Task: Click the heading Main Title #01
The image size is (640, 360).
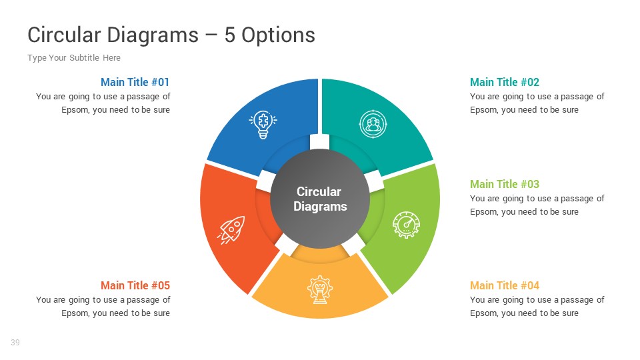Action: click(135, 82)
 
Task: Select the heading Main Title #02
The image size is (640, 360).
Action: click(505, 82)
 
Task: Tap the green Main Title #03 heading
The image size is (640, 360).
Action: click(505, 184)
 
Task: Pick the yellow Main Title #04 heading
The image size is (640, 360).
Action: click(505, 285)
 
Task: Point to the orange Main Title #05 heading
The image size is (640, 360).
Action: click(135, 285)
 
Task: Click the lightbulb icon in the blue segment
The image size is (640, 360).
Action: click(263, 125)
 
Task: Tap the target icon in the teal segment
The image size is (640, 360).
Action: click(373, 125)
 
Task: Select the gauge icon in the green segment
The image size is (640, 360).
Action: click(406, 225)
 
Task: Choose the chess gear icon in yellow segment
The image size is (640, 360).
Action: click(319, 290)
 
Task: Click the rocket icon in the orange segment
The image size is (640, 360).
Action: click(232, 229)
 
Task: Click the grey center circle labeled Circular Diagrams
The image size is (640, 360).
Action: click(319, 199)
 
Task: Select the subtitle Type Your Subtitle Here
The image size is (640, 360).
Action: click(74, 58)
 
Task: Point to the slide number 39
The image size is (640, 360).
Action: click(15, 343)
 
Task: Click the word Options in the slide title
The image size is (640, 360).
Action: click(278, 35)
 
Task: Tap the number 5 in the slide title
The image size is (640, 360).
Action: click(230, 35)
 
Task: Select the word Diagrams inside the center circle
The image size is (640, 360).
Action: click(320, 207)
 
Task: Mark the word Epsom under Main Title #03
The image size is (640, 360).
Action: click(483, 212)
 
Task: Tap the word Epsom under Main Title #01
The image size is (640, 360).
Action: click(75, 110)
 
